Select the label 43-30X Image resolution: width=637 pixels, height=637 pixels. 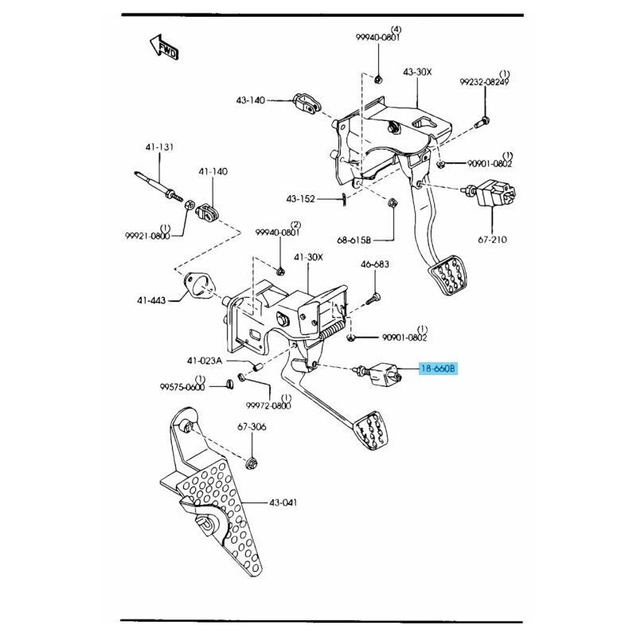point(416,72)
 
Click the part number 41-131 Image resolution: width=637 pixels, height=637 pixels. point(158,147)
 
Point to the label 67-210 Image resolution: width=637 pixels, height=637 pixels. point(492,239)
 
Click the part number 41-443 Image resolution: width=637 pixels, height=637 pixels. point(151,300)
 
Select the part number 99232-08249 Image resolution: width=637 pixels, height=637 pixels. point(484,82)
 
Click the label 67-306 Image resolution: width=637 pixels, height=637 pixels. point(252,428)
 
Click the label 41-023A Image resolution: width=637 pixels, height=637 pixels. point(205,361)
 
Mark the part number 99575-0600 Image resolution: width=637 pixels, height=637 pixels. point(182,387)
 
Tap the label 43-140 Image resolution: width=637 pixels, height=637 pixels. point(251,101)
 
